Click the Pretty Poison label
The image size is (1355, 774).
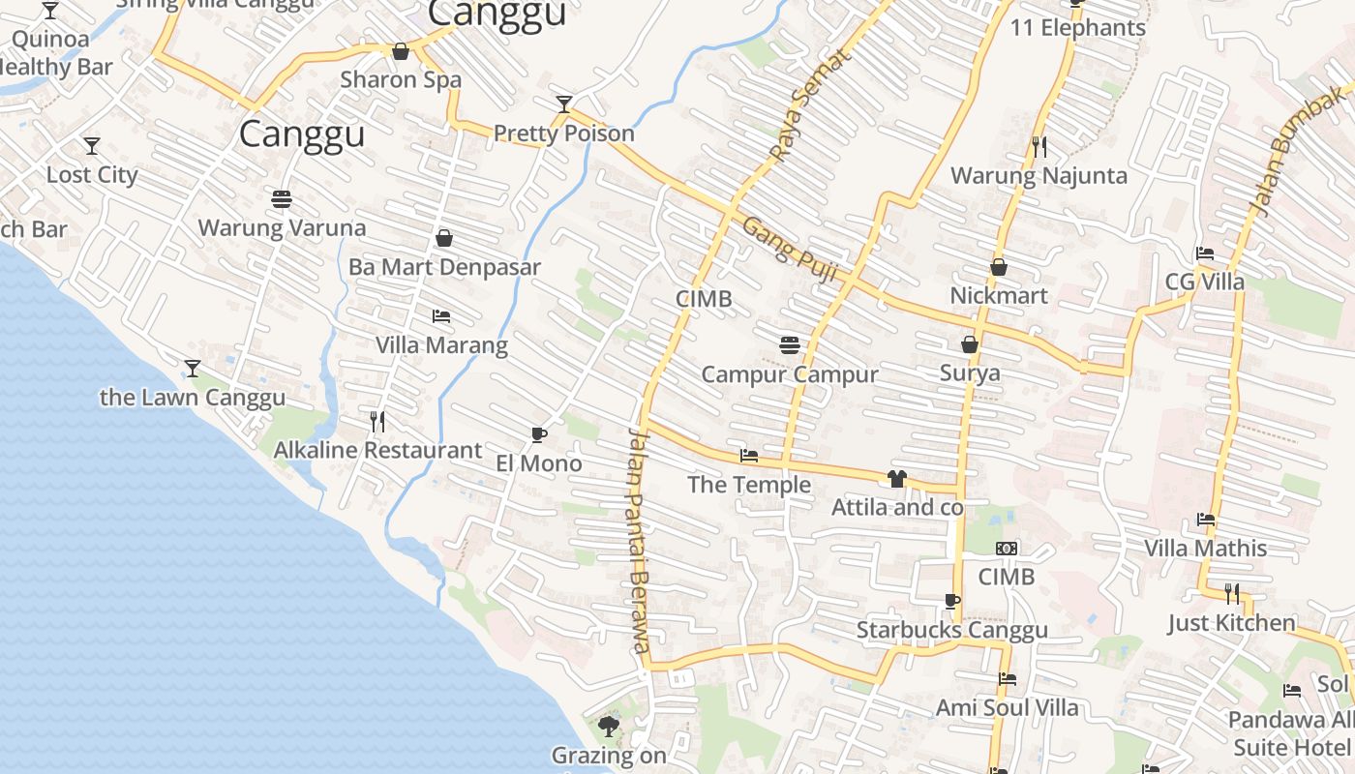[x=564, y=134]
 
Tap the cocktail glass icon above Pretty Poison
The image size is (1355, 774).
[x=564, y=104]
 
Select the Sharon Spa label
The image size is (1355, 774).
[x=401, y=79]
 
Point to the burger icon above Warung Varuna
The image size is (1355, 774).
[x=282, y=199]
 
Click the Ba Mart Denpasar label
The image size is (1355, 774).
[x=444, y=267]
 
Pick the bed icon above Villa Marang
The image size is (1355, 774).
[x=441, y=316]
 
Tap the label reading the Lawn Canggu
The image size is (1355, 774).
[x=193, y=398]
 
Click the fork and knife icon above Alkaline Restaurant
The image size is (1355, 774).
[x=377, y=421]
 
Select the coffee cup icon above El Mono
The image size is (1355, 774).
[x=539, y=434]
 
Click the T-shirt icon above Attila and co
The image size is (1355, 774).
[x=897, y=478]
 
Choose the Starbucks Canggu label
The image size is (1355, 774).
[x=952, y=631]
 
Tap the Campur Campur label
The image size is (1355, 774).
[x=790, y=374]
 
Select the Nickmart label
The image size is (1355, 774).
[x=999, y=296]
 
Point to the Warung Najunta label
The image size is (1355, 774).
[x=1039, y=176]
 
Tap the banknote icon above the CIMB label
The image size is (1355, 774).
[x=1007, y=549]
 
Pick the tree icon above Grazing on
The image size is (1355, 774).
[x=609, y=726]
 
